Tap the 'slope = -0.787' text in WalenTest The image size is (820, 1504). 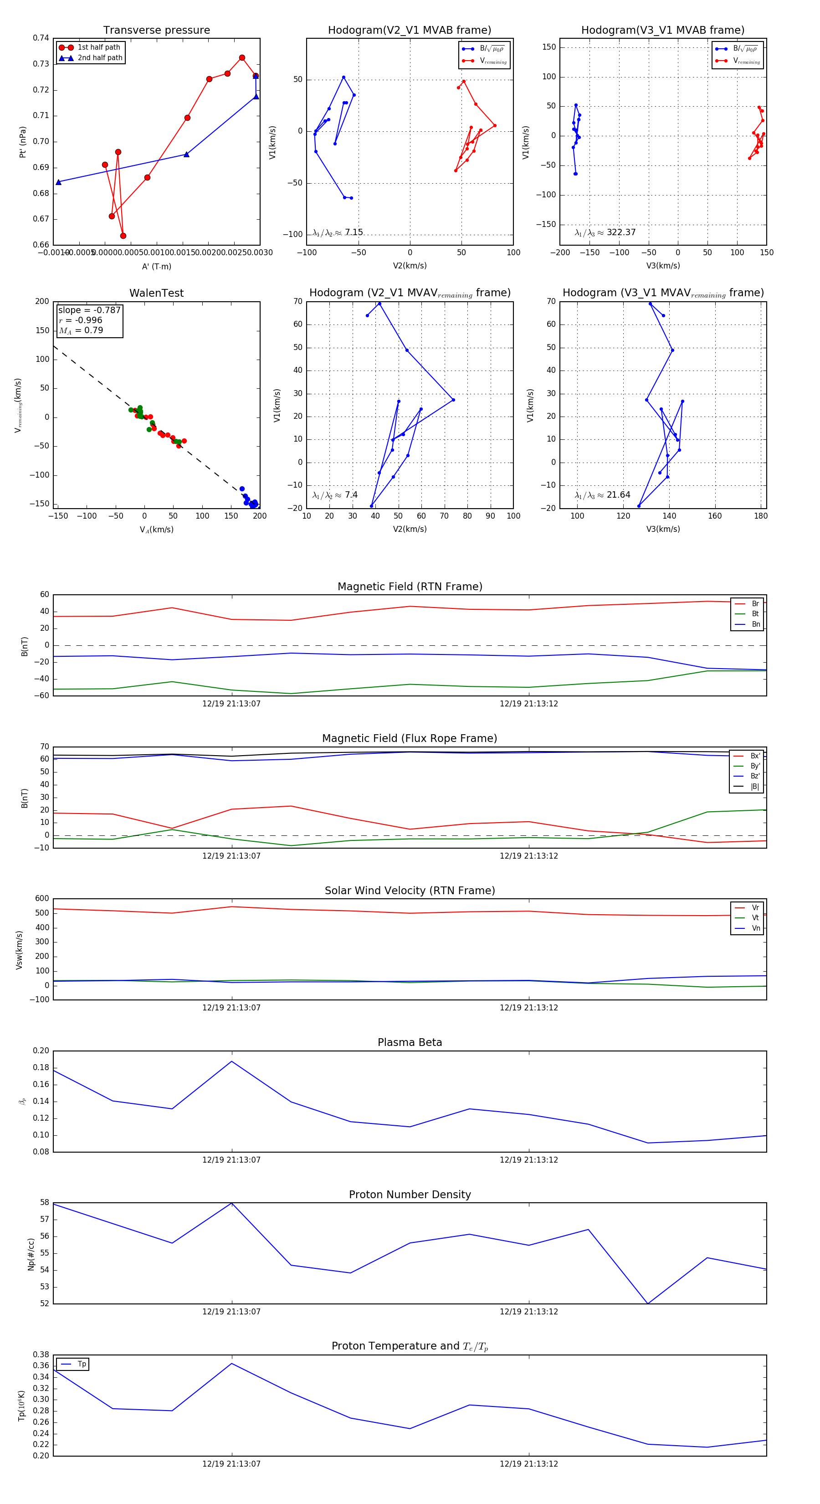point(89,310)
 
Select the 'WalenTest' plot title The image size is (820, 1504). point(156,293)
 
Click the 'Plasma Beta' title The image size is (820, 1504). point(410,1043)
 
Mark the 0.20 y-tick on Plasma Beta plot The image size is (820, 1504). point(41,1051)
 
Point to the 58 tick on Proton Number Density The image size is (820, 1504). point(44,1203)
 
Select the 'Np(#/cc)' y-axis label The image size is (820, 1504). point(31,1253)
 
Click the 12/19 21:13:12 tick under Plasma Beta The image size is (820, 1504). point(528,1160)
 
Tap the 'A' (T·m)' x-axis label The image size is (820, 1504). point(156,267)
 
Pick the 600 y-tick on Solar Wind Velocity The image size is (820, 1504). point(42,899)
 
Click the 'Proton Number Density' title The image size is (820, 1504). point(410,1195)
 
